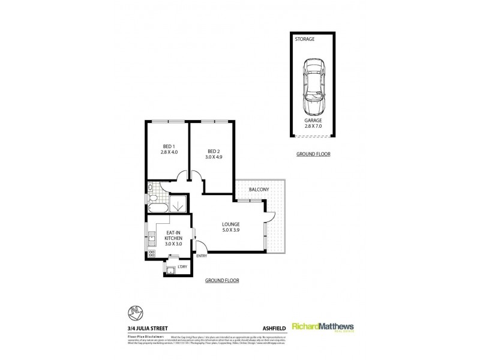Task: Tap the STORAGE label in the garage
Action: pyautogui.click(x=304, y=40)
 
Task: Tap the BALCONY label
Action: pyautogui.click(x=260, y=190)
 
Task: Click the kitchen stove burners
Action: pyautogui.click(x=151, y=253)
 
